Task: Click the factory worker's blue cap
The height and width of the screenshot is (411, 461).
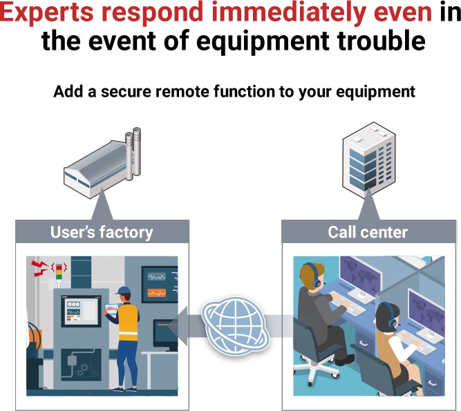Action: tap(124, 290)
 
